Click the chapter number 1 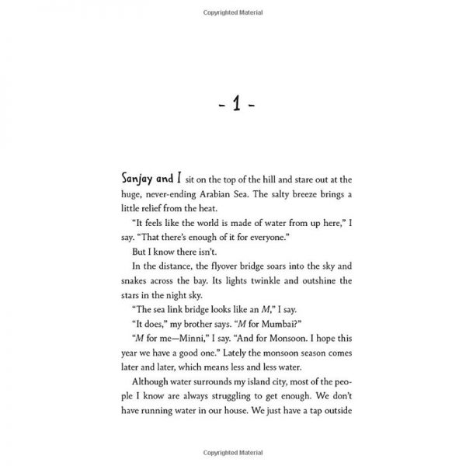(233, 103)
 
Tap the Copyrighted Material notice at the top (233, 12)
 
